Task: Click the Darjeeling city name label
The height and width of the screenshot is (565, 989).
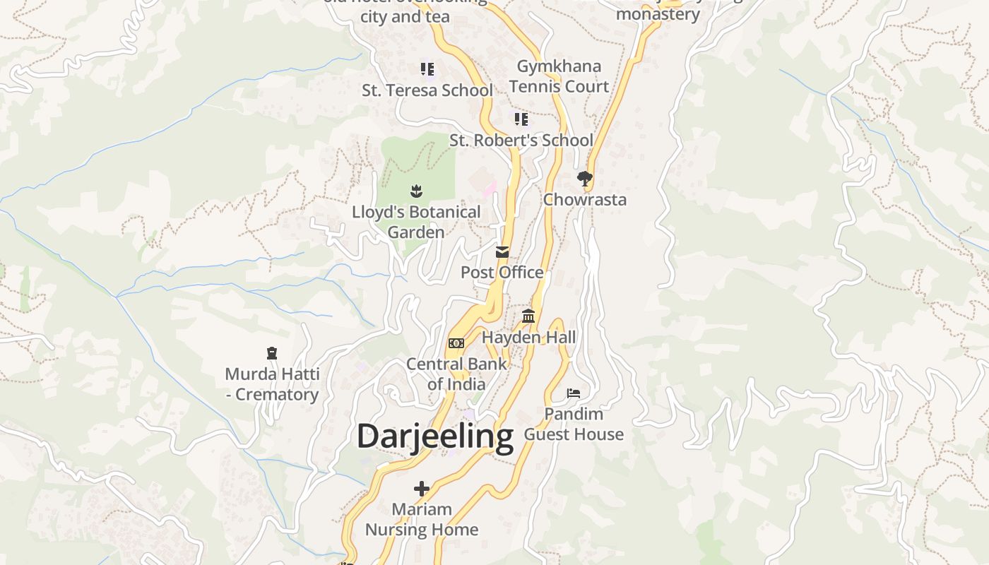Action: click(434, 436)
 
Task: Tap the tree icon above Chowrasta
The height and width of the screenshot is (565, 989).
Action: click(584, 179)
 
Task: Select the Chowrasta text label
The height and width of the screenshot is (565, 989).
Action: click(584, 199)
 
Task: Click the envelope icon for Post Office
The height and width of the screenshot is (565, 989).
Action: click(502, 252)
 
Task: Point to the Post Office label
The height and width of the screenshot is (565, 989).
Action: click(502, 272)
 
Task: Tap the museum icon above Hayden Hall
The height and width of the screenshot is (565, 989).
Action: click(528, 316)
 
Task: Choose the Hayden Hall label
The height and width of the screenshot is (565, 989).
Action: click(528, 338)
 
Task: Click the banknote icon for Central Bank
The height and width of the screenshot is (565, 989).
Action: click(456, 343)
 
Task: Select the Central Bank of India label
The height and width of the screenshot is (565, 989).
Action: click(456, 374)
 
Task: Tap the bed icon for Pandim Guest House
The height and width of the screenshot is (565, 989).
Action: click(574, 393)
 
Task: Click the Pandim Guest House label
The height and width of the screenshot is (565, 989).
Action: click(574, 424)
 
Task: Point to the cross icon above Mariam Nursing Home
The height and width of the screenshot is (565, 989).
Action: click(422, 488)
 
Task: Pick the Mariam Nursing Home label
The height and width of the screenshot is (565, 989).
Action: click(422, 519)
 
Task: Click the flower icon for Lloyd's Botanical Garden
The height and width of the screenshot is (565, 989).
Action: click(416, 191)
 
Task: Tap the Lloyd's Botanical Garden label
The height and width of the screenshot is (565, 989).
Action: click(416, 222)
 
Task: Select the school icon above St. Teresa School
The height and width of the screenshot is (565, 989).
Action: click(427, 69)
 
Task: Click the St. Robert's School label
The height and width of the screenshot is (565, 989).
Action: click(521, 141)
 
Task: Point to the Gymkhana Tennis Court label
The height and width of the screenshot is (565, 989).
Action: click(559, 76)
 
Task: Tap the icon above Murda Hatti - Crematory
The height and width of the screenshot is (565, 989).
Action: click(272, 353)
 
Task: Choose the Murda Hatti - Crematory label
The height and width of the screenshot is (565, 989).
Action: click(272, 384)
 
